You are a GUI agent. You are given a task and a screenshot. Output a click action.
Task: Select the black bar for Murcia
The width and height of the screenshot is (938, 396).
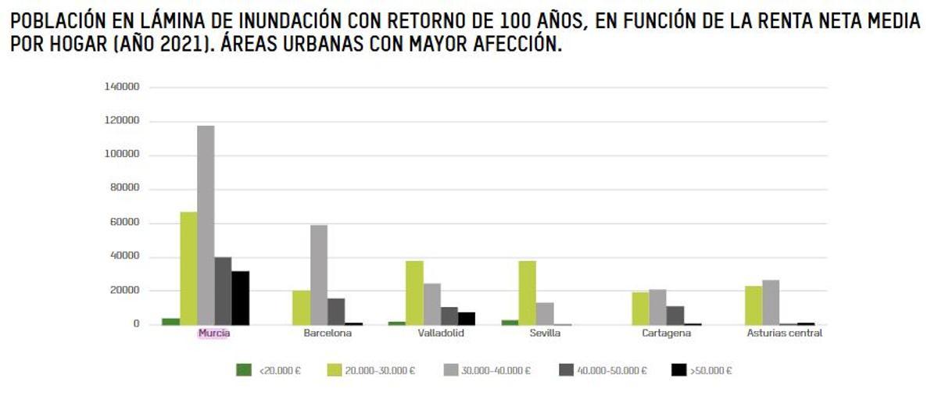pos(240,298)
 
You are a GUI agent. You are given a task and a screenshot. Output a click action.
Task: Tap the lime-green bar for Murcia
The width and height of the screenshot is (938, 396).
pos(188,268)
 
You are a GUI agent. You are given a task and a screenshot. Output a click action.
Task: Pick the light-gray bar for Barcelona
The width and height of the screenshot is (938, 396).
pos(319,274)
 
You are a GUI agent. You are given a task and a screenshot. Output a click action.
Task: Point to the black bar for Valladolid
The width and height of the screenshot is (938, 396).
pos(466,318)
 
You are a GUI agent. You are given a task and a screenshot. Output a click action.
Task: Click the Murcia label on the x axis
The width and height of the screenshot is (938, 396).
pos(214,334)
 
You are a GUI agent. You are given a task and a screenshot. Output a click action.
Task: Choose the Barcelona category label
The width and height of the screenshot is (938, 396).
pos(328,334)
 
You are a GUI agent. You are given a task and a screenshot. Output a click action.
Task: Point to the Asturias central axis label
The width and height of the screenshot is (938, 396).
pos(779,334)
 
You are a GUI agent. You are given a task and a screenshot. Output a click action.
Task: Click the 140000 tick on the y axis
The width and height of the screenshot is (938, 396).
pos(122,87)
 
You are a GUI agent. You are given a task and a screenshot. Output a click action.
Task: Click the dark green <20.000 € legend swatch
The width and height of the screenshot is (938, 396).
pos(244,370)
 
